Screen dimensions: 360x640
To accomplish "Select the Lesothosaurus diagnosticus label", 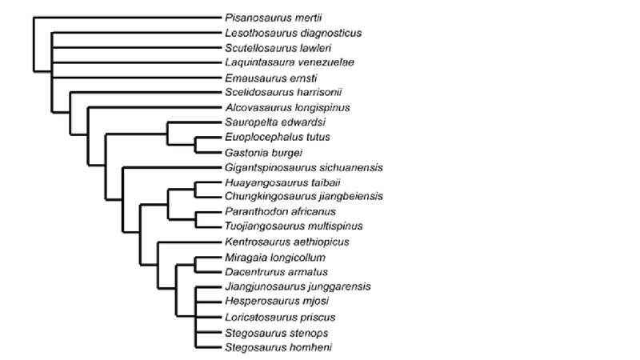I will (294, 33).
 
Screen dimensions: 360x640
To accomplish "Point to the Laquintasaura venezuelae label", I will (290, 62).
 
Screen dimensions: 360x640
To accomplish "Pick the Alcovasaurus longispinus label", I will (289, 107).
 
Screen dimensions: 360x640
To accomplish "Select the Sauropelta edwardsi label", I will (276, 122).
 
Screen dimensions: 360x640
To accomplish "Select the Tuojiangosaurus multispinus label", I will (294, 226).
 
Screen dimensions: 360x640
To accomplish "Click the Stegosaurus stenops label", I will (277, 332).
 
